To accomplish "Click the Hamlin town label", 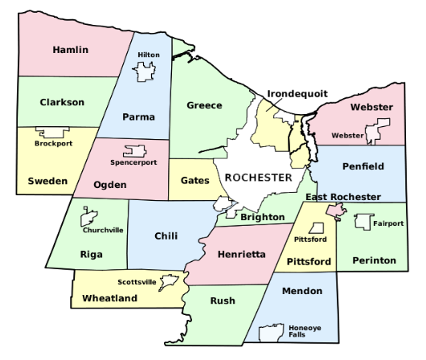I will coord(70,50).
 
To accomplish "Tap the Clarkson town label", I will coord(61,102).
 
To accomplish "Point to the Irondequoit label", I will coord(297,93).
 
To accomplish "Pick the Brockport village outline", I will coord(53,133).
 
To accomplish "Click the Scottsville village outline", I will coord(169,282).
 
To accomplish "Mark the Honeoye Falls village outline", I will coord(276,330).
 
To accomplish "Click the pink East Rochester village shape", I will coord(336,211).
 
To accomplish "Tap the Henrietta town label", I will coord(241,254).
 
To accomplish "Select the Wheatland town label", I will coord(110,298).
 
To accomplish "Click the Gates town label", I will coord(195,181).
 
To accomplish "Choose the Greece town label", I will coord(204,105).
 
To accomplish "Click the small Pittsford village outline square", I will coord(318,228).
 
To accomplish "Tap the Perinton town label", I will coord(373,260).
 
